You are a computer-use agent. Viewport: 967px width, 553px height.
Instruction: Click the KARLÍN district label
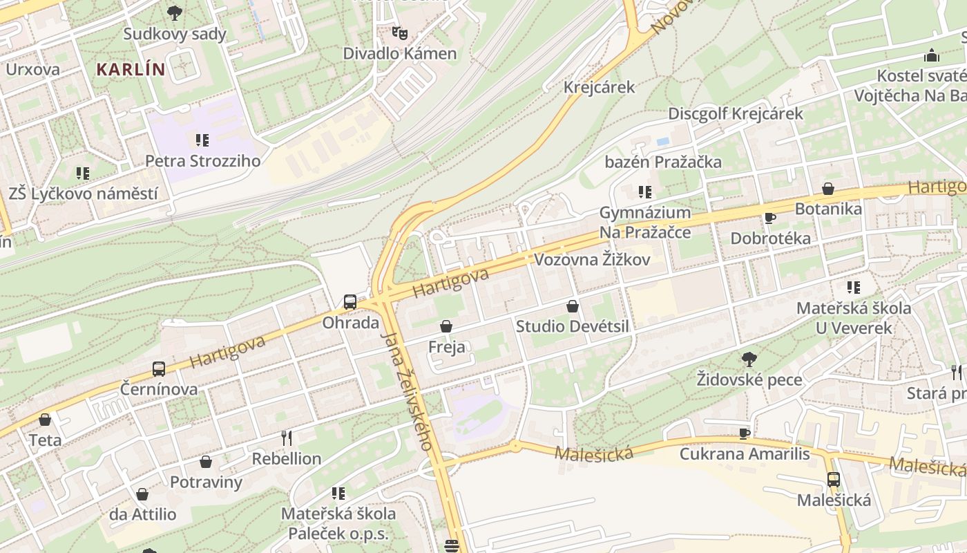(131, 70)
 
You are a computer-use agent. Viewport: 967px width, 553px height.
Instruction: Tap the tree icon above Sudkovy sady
(175, 12)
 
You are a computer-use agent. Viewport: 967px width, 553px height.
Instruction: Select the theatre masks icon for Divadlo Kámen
(399, 32)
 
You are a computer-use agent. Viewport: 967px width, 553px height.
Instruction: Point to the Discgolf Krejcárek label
(736, 113)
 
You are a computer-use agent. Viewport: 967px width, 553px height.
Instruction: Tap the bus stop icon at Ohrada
(350, 301)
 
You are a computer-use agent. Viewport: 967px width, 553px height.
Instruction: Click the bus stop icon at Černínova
(159, 368)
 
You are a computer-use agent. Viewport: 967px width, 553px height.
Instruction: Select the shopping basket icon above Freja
(446, 326)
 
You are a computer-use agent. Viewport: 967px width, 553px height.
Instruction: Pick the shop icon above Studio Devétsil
(573, 306)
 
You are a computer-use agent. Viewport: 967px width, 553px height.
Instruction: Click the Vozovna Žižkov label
(593, 260)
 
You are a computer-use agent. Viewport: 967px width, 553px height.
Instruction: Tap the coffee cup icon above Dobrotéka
(770, 218)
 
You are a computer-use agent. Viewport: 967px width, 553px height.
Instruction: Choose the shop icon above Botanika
(828, 188)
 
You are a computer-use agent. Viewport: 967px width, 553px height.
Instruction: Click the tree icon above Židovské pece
(749, 359)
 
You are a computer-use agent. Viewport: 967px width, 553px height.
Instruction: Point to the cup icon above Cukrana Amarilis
(744, 433)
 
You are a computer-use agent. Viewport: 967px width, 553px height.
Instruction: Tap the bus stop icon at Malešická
(834, 479)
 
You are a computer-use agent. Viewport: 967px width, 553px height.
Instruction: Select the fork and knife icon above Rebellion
(287, 438)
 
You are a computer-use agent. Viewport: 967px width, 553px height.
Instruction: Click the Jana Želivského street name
(408, 391)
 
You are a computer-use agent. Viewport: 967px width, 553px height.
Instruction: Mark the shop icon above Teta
(45, 420)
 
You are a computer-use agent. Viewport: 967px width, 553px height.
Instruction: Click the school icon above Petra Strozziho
(202, 140)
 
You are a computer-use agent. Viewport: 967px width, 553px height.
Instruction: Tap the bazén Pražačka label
(663, 162)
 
